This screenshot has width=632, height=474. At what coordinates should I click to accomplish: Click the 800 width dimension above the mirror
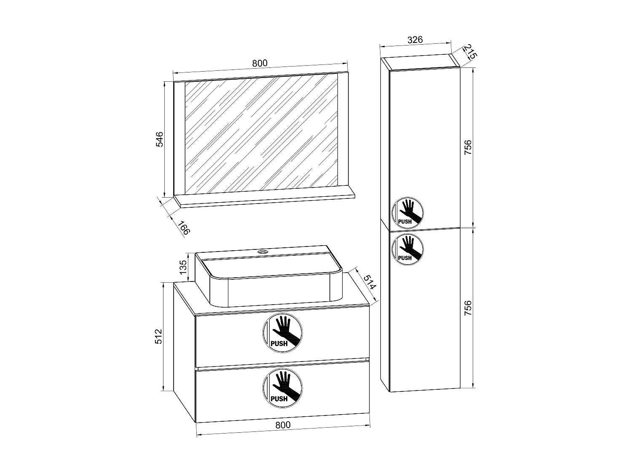(x=260, y=63)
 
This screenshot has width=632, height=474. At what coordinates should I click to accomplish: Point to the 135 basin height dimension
(x=183, y=267)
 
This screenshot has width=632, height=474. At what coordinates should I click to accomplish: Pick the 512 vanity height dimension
(x=158, y=336)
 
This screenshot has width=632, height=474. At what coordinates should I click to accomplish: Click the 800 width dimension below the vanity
(x=283, y=425)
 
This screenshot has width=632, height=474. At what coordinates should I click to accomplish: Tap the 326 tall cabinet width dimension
(x=415, y=40)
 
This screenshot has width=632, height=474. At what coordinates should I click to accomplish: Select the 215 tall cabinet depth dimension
(x=470, y=52)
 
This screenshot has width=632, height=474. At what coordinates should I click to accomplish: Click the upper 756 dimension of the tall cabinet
(x=468, y=147)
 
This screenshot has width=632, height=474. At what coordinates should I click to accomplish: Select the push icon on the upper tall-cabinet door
(x=407, y=212)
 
